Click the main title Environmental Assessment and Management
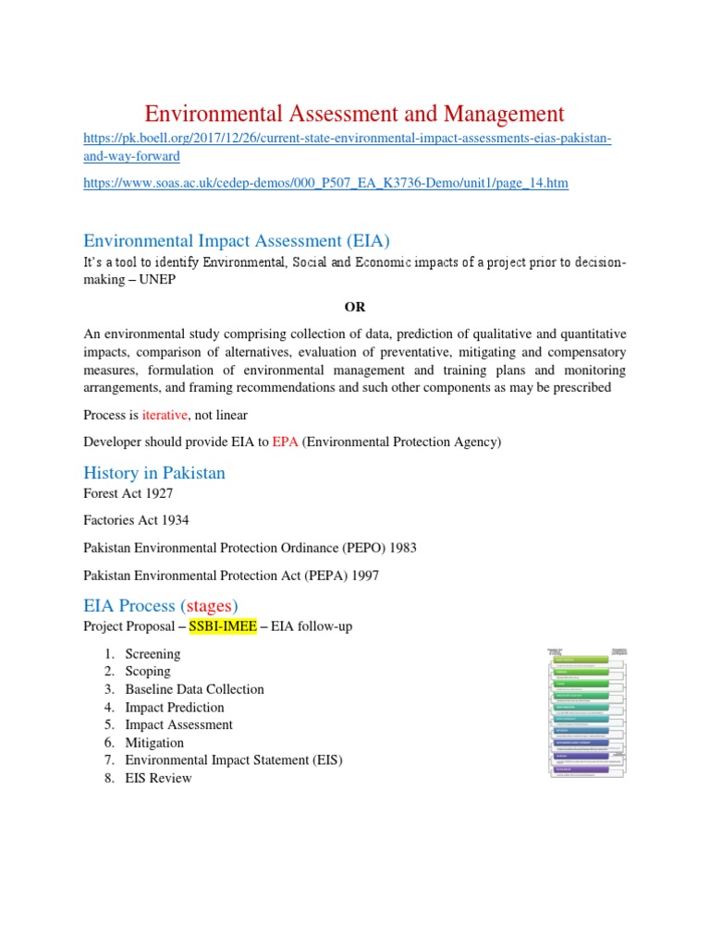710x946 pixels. (354, 114)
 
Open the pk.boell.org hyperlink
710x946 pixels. (348, 139)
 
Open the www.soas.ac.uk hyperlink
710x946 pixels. (325, 184)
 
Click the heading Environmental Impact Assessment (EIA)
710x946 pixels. (237, 241)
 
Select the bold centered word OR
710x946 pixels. (355, 306)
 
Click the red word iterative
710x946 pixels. (165, 415)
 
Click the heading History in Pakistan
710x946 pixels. (154, 473)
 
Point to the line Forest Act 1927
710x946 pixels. (128, 494)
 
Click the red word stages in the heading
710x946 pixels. (209, 606)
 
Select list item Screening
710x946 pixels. (153, 654)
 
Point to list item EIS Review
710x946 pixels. (158, 778)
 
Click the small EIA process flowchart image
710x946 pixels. (589, 711)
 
